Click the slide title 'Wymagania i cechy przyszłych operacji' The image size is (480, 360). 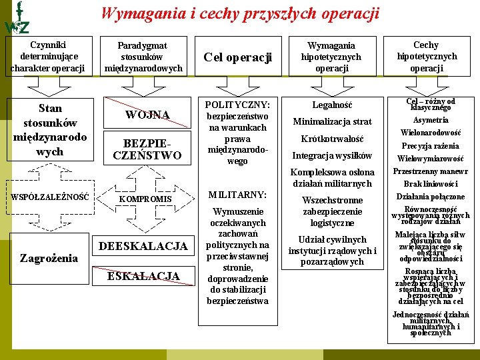(x=240, y=13)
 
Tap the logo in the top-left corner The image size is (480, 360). (x=16, y=19)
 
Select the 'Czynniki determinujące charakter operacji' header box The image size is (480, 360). (x=47, y=55)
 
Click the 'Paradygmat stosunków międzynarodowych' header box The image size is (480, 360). (x=143, y=57)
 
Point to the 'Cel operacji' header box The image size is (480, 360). (x=237, y=57)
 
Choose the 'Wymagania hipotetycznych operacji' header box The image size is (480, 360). (x=331, y=57)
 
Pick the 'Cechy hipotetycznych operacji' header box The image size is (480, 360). (x=427, y=57)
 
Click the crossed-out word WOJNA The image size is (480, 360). (x=148, y=115)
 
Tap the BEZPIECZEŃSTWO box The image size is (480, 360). (x=147, y=150)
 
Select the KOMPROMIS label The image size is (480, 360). (x=145, y=199)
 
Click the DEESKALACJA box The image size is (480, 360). (x=143, y=247)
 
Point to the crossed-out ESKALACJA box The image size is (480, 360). (x=143, y=276)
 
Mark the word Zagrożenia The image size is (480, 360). (x=49, y=258)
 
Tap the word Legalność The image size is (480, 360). (x=331, y=105)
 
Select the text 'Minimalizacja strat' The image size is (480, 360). (x=331, y=122)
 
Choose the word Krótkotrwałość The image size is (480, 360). (x=331, y=139)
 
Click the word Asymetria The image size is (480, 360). (x=431, y=120)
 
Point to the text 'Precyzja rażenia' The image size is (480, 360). (x=431, y=146)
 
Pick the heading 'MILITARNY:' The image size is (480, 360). (x=237, y=195)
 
